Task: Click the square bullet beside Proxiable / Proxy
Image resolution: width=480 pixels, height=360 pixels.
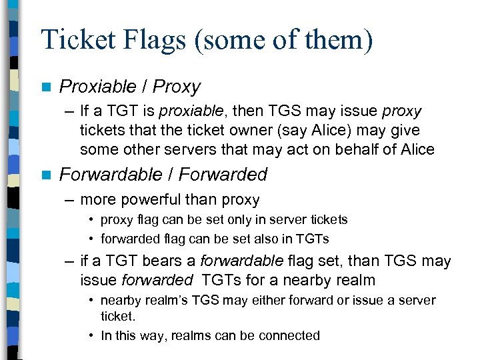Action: (x=45, y=87)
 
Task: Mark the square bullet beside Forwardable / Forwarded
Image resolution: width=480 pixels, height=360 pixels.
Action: (x=45, y=175)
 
